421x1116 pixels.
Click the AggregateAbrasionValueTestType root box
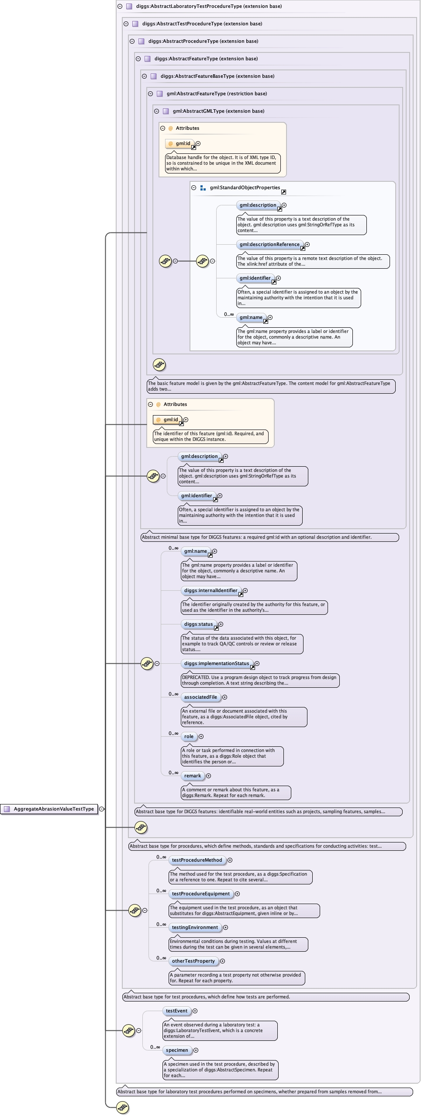(49, 809)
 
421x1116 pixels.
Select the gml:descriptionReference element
(270, 245)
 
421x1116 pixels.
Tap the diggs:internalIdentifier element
(211, 591)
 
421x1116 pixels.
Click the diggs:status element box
(199, 624)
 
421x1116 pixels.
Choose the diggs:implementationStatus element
(217, 664)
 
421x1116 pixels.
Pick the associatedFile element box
(201, 697)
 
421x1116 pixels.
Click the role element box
(189, 737)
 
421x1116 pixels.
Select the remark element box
(193, 776)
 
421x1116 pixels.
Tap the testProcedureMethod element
(197, 860)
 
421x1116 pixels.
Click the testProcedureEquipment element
(201, 894)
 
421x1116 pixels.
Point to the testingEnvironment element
(195, 928)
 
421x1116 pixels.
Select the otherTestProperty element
(193, 961)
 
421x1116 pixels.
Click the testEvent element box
(177, 1011)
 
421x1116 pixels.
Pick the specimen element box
(177, 1050)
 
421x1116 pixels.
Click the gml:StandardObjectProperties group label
(245, 188)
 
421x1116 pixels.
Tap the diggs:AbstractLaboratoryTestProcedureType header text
(209, 7)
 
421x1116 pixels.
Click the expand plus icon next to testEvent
(195, 1011)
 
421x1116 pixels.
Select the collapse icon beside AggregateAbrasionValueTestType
(102, 809)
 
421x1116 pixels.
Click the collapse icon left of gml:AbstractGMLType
(156, 111)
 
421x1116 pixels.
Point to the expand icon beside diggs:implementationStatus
(257, 664)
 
